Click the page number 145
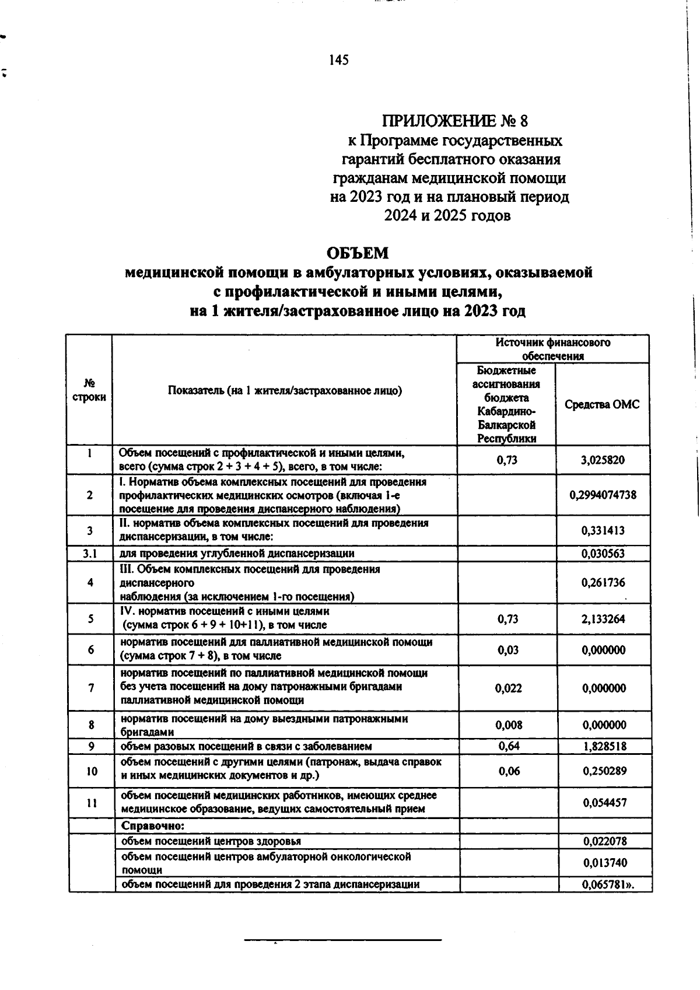(339, 60)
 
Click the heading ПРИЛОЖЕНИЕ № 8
(454, 121)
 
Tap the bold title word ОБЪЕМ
(357, 254)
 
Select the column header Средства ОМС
(602, 405)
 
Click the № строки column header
(89, 390)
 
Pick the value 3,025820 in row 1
(603, 460)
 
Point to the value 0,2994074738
(603, 495)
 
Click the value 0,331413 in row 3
(603, 531)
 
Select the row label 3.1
(89, 553)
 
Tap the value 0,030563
(603, 554)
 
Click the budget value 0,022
(508, 688)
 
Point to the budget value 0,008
(508, 725)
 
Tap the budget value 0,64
(508, 747)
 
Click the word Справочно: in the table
(153, 826)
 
